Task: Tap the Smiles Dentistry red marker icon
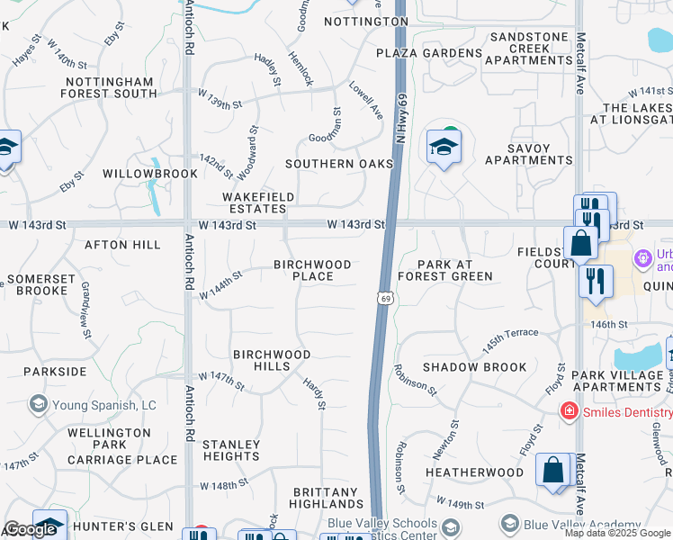pos(569,411)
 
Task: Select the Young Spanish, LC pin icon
pos(38,404)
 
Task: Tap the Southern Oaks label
pos(339,164)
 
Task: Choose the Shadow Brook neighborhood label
pos(475,367)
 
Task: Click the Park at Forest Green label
pos(444,270)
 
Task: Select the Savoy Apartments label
pos(528,154)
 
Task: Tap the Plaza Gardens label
pos(429,53)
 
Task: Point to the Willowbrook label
pos(149,173)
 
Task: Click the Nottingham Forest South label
pos(110,86)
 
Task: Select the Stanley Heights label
pos(230,450)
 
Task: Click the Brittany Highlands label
pos(327,499)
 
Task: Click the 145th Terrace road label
pos(509,339)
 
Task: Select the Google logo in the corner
pos(30,529)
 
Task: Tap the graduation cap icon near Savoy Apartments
pos(444,146)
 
